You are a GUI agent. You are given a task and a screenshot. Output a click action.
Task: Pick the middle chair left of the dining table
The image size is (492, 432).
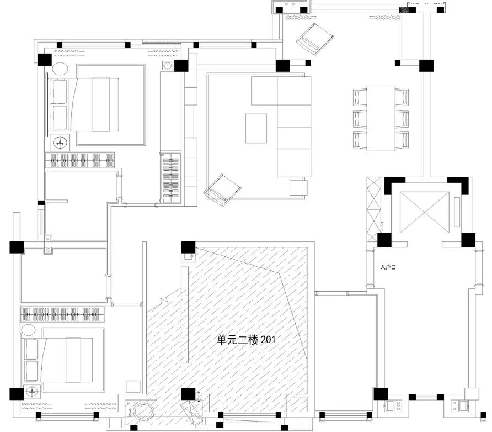[x=360, y=118]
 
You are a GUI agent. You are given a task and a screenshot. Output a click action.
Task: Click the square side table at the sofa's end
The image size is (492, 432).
[x=297, y=188]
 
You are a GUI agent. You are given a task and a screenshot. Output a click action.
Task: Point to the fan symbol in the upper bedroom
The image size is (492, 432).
[x=59, y=143]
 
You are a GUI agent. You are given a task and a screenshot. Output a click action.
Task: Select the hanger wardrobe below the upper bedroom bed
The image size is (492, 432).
[x=80, y=160]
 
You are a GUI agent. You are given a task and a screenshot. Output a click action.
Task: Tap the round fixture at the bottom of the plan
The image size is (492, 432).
[x=145, y=413]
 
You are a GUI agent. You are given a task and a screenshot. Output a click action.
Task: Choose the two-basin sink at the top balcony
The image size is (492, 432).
[x=292, y=9]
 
